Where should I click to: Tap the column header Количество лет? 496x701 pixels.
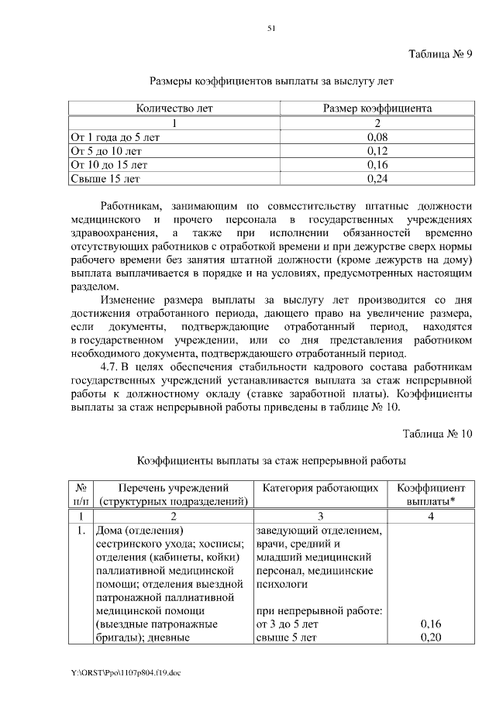[x=174, y=108]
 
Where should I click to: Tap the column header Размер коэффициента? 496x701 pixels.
[x=377, y=108]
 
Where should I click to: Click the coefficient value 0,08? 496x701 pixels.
[x=377, y=137]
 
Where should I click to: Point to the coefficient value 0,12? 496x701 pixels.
[x=377, y=151]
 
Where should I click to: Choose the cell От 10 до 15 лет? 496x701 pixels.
[x=108, y=165]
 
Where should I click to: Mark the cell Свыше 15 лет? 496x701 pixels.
[x=105, y=179]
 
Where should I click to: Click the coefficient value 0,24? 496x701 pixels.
[x=377, y=179]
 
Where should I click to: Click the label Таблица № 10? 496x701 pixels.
[x=437, y=434]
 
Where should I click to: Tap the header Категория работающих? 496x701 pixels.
[x=321, y=488]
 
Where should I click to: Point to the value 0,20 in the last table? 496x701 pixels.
[x=431, y=637]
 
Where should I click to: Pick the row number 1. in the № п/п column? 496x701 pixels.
[x=80, y=531]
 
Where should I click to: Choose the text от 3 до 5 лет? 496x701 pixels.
[x=287, y=624]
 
